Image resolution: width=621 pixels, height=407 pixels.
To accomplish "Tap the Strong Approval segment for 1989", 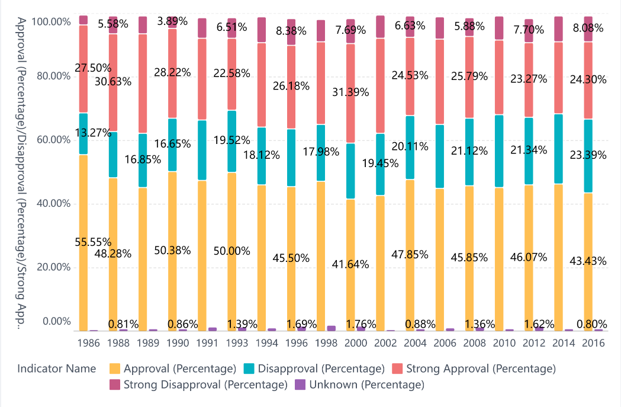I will pos(143,84).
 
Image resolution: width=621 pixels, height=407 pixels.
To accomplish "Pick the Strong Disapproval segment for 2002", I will pos(381,27).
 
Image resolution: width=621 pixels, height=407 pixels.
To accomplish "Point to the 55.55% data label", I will pos(93,242).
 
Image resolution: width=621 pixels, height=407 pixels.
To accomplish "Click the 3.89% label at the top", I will pos(172,21).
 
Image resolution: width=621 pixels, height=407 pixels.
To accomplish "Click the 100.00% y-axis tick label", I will pos(52,22).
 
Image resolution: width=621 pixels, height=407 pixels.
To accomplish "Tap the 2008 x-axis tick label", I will pos(469,343).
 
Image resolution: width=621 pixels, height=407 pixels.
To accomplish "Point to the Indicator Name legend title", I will pos(57,368).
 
